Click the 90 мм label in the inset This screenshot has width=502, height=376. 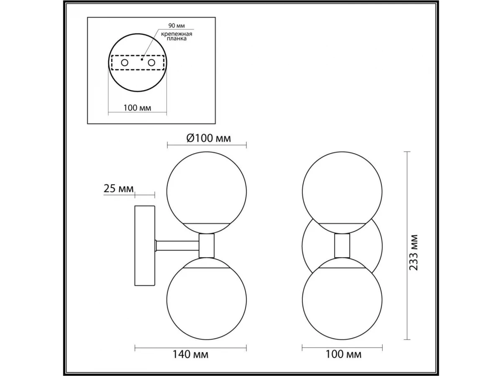click(177, 25)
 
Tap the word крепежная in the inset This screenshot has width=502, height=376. click(177, 34)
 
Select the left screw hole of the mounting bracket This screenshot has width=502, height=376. click(125, 63)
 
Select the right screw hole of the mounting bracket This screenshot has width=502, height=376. click(151, 63)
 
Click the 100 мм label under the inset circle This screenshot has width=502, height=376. click(137, 108)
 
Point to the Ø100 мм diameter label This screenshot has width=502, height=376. click(209, 138)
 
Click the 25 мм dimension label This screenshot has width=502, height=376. click(118, 188)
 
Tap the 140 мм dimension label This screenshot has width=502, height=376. click(190, 355)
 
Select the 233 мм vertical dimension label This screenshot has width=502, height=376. click(413, 252)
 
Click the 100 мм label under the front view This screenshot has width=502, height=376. click(343, 354)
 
